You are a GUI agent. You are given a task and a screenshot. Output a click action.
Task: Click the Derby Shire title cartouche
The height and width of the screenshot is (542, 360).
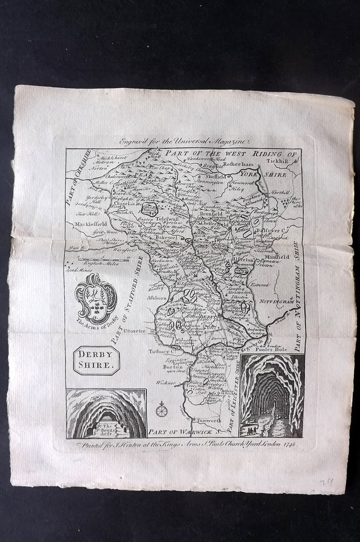click(x=97, y=360)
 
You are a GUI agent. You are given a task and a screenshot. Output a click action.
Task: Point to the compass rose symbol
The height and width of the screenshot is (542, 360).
click(x=161, y=408)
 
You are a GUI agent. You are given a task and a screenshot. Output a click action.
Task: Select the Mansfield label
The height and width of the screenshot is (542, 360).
click(x=275, y=257)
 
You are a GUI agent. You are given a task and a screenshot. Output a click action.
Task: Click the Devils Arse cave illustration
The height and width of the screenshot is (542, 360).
click(x=106, y=414)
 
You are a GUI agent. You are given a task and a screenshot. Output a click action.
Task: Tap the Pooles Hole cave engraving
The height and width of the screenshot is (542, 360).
click(x=271, y=396)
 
